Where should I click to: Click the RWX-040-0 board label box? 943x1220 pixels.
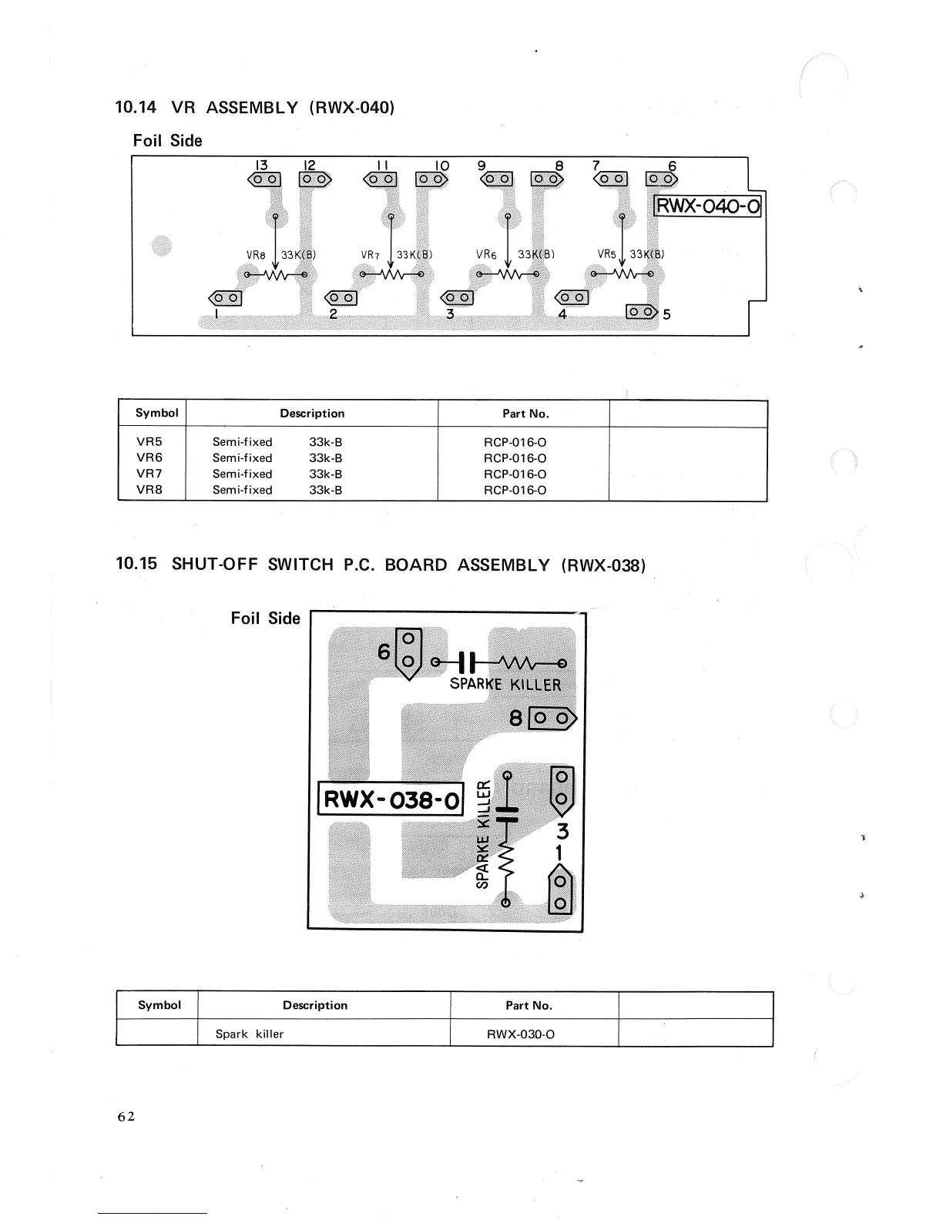707,206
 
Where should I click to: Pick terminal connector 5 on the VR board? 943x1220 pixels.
641,312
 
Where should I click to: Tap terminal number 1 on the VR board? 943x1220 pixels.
218,315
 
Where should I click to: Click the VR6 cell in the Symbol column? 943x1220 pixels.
149,457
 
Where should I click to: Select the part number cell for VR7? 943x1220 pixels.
515,474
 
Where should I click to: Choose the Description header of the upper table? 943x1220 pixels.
312,414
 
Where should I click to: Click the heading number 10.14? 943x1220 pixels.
136,107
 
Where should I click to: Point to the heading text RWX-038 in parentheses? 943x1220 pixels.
603,565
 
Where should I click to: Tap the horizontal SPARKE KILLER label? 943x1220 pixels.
505,685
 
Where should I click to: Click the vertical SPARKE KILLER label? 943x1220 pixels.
483,834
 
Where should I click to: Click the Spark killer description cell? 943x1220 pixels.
250,1034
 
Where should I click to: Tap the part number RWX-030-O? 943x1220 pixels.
520,1034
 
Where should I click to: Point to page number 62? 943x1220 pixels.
126,1116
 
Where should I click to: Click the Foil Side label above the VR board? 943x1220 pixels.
167,140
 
